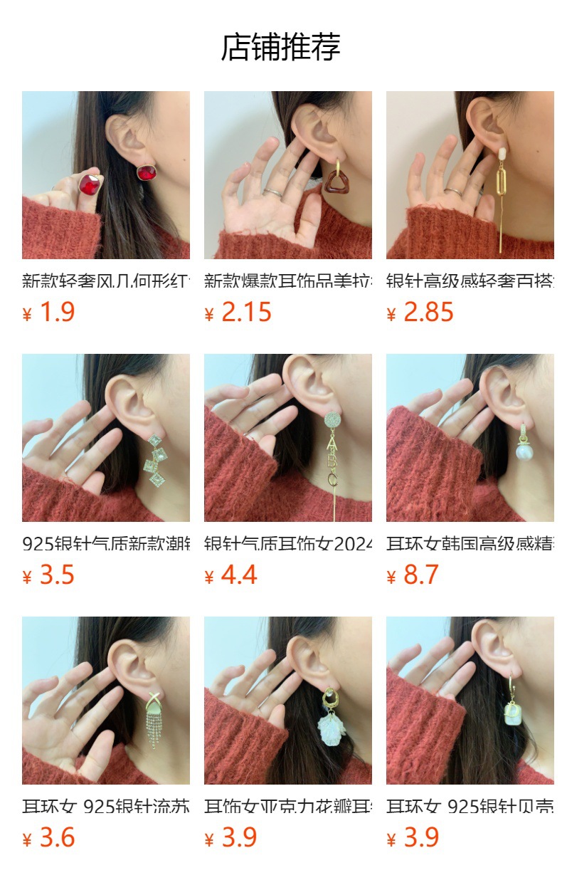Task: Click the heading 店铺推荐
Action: tap(280, 47)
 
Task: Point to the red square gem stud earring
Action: tap(147, 172)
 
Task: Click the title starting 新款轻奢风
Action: tap(105, 281)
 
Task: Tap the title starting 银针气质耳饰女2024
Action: tap(287, 544)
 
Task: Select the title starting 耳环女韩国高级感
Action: tap(470, 544)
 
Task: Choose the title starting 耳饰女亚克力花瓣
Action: tap(287, 807)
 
